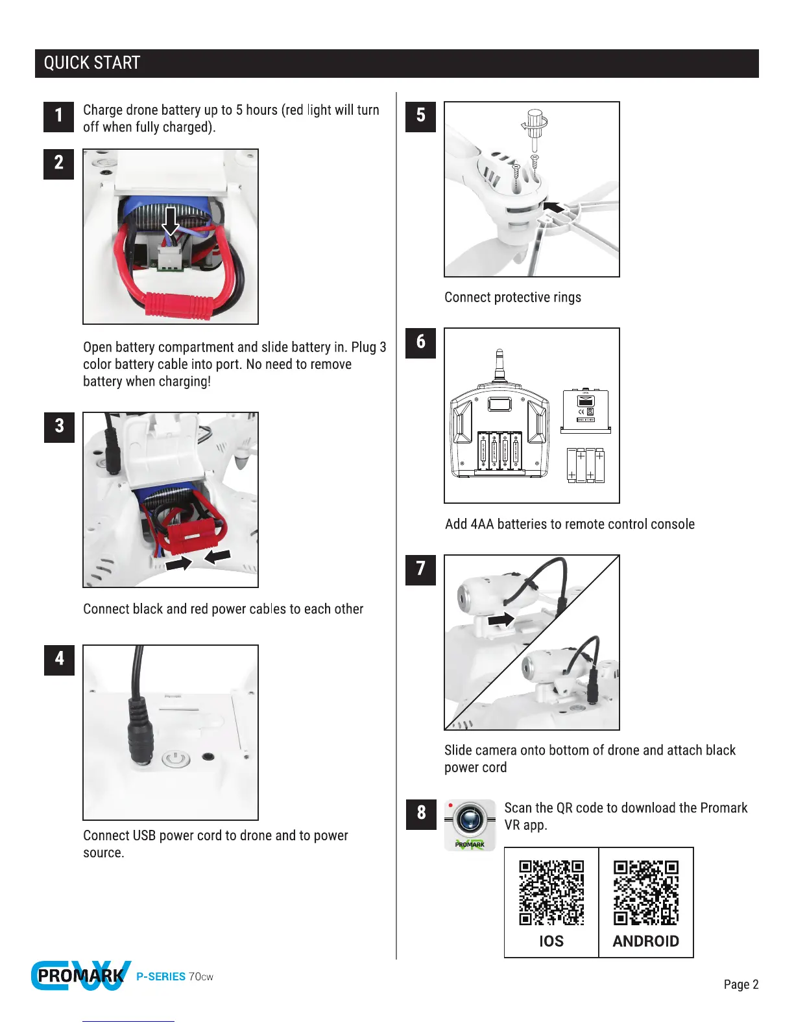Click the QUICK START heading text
tap(91, 63)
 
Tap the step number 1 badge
tap(58, 117)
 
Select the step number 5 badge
tap(420, 117)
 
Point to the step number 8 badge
tap(420, 814)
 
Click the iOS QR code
tap(551, 893)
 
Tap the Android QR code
tap(646, 893)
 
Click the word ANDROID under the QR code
tap(645, 941)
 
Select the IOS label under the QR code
tap(551, 941)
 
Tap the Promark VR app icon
tap(470, 825)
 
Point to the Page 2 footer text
tap(741, 984)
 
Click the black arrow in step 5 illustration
tap(553, 207)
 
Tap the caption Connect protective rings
tap(512, 298)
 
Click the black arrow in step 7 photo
tap(501, 620)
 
